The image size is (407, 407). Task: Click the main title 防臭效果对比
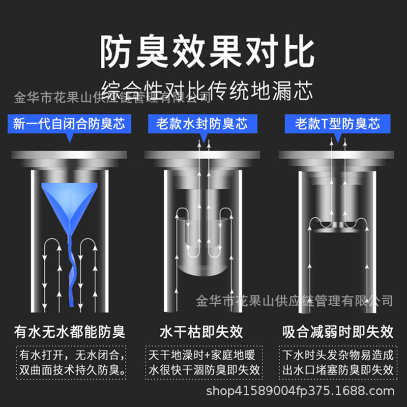pyautogui.click(x=207, y=51)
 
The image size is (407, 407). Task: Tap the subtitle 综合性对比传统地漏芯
pyautogui.click(x=207, y=91)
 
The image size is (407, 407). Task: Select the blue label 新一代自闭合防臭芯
pyautogui.click(x=69, y=124)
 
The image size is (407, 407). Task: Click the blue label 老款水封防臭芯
pyautogui.click(x=202, y=124)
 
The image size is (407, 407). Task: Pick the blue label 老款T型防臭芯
pyautogui.click(x=337, y=124)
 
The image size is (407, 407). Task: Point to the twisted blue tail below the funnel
pyautogui.click(x=71, y=270)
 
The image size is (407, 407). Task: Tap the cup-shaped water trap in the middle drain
pyautogui.click(x=202, y=249)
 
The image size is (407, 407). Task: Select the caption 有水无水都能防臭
pyautogui.click(x=70, y=332)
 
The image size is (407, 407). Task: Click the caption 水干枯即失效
pyautogui.click(x=201, y=332)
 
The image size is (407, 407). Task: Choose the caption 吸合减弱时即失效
pyautogui.click(x=338, y=332)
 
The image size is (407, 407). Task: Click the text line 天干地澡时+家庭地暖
pyautogui.click(x=202, y=355)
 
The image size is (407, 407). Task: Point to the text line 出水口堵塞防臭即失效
pyautogui.click(x=338, y=370)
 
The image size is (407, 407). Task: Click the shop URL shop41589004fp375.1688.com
pyautogui.click(x=300, y=391)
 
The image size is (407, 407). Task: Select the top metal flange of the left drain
pyautogui.click(x=69, y=155)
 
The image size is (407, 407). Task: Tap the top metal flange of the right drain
pyautogui.click(x=336, y=155)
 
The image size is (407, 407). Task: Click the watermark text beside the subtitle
pyautogui.click(x=112, y=98)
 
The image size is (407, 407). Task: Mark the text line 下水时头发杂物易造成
pyautogui.click(x=338, y=355)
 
